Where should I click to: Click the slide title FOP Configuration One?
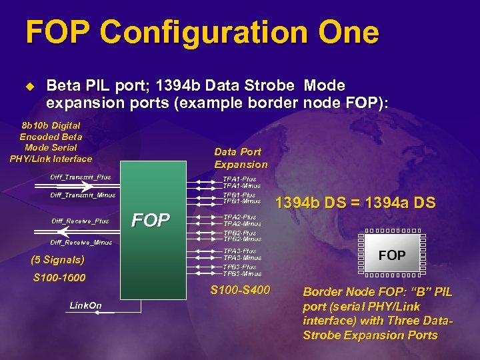[201, 33]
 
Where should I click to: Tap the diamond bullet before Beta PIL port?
[29, 87]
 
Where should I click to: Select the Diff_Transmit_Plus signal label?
[81, 177]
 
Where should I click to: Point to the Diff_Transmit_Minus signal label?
[83, 195]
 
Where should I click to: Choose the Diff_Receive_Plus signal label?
[80, 221]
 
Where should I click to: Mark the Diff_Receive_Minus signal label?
[81, 243]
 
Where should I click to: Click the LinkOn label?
[85, 305]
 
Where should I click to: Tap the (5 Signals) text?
[59, 260]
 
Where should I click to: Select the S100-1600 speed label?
[59, 277]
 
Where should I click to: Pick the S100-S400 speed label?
[240, 290]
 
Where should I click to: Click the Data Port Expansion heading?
[241, 158]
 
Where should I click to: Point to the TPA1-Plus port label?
[239, 179]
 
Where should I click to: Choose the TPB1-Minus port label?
[241, 201]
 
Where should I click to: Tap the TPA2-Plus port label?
[239, 217]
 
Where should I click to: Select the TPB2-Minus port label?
[241, 239]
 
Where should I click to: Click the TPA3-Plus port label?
[239, 251]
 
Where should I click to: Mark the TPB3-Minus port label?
[241, 273]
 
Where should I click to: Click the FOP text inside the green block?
[151, 220]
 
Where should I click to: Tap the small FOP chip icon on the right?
[392, 255]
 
